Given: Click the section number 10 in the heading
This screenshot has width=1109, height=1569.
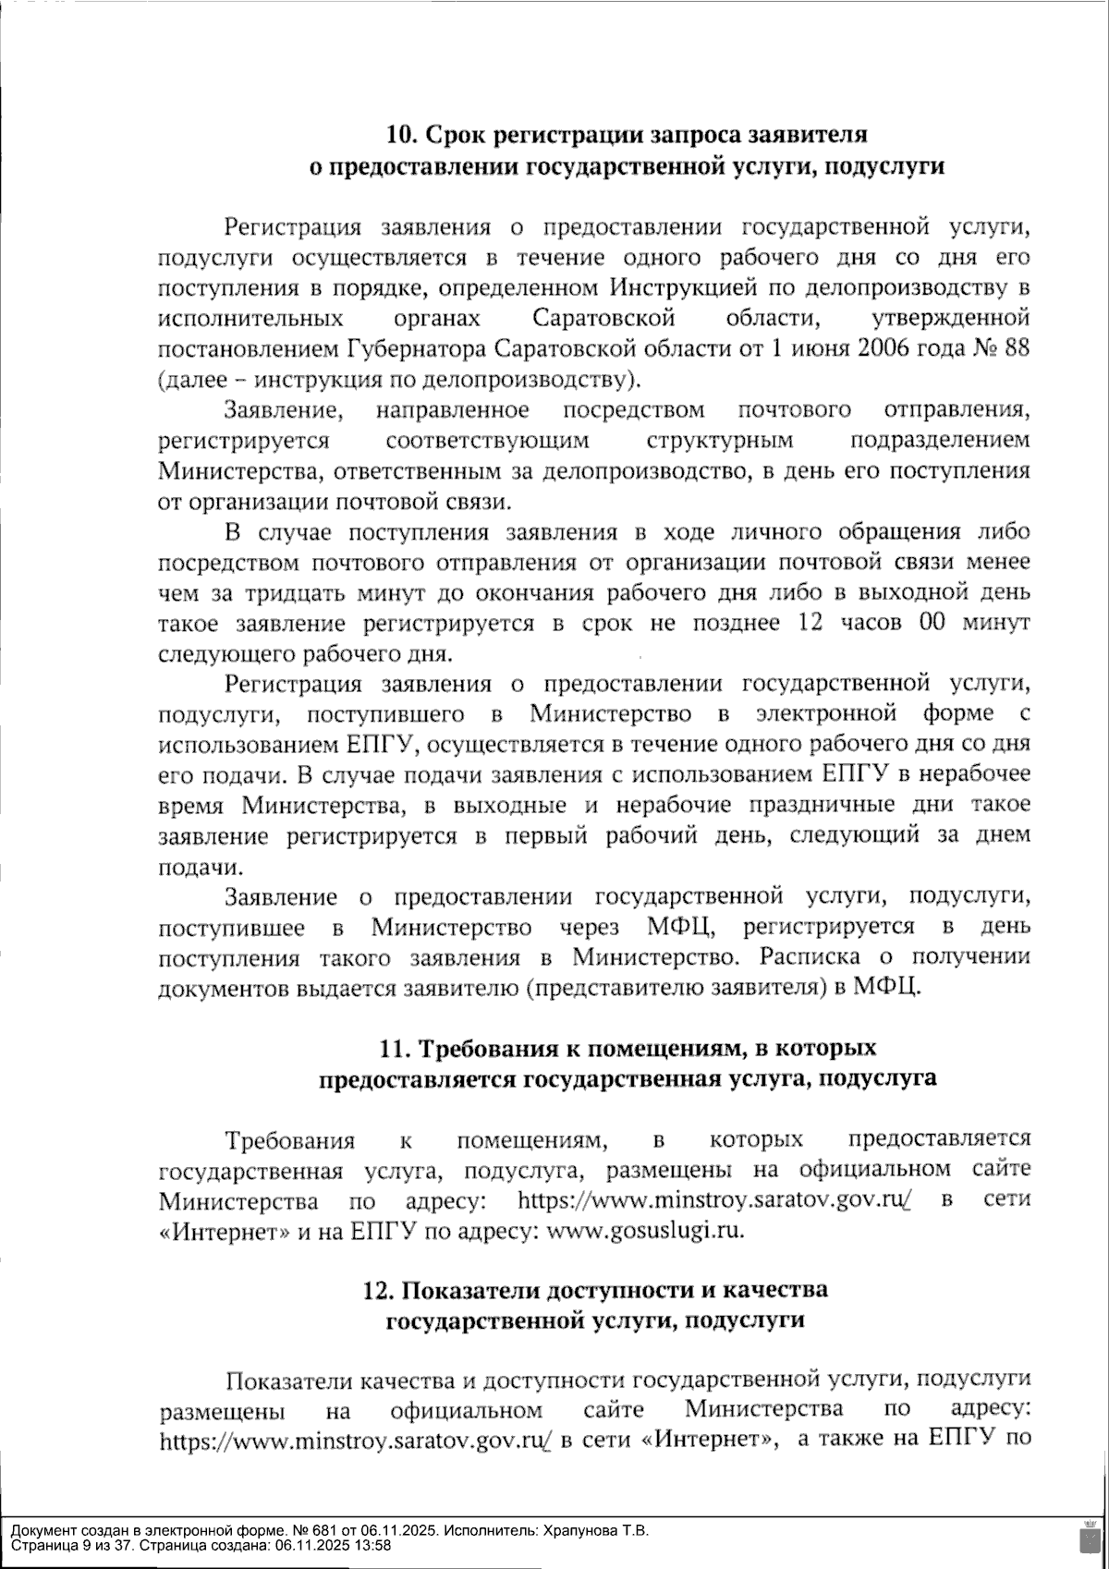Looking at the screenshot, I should [x=400, y=135].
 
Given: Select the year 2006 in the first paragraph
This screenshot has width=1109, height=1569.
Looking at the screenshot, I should [x=888, y=349].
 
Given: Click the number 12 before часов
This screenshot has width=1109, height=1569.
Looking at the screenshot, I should [x=809, y=623].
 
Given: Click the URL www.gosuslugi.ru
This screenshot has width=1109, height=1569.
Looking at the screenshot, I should [x=646, y=1231].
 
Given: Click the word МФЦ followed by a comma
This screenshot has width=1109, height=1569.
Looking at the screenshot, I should [x=681, y=926].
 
